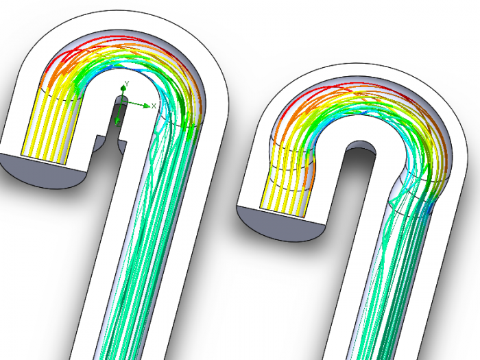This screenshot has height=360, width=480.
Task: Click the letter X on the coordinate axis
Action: [154, 105]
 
